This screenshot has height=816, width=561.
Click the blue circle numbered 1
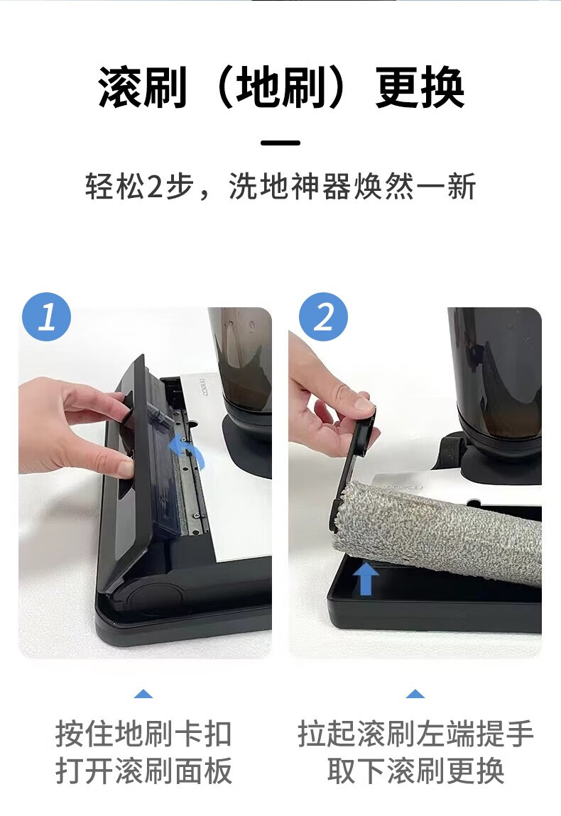46,316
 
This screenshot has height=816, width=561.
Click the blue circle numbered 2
323,316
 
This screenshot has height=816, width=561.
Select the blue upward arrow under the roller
366,579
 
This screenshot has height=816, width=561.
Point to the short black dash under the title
280,143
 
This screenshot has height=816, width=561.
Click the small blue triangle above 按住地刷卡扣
143,694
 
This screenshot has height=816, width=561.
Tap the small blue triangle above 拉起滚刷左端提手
415,694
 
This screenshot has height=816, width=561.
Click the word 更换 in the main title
419,87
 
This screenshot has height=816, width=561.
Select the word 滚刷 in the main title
142,87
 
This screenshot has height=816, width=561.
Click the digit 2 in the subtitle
156,187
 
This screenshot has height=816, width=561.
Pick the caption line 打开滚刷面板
143,770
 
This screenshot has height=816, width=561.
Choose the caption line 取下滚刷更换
415,770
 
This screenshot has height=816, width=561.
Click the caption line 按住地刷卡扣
143,733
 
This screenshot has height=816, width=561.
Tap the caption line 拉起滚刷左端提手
415,733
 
